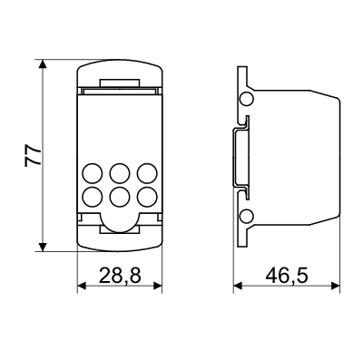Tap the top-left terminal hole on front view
pos(92,172)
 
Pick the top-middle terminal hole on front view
pos(118,172)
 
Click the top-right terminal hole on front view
pos(143,172)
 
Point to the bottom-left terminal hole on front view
pos(92,195)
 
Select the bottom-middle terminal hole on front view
pos(118,195)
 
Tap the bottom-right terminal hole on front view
pos(143,195)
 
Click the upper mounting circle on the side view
pos(245,98)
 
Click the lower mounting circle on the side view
pos(245,216)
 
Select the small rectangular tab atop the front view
pos(118,83)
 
